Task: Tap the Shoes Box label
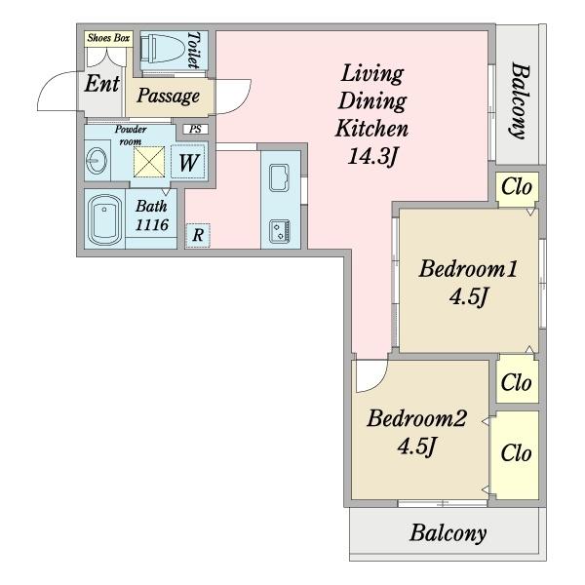click(108, 38)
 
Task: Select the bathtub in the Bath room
click(105, 219)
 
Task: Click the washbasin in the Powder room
click(97, 161)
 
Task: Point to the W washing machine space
click(188, 162)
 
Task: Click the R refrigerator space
click(198, 235)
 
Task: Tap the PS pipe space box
click(196, 129)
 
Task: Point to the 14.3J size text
click(371, 156)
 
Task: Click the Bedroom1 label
click(468, 269)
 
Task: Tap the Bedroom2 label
click(416, 418)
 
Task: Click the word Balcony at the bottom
click(448, 532)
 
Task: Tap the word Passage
click(168, 96)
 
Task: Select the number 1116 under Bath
click(151, 225)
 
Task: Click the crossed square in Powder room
click(149, 162)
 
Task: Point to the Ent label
click(101, 84)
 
